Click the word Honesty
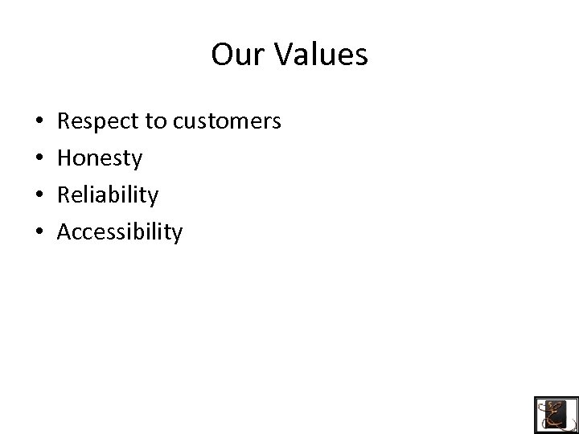tap(100, 159)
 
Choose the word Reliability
tap(108, 195)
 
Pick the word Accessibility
tap(120, 232)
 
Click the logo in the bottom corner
tap(556, 414)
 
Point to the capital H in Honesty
tap(66, 158)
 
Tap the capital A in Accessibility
tap(66, 232)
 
